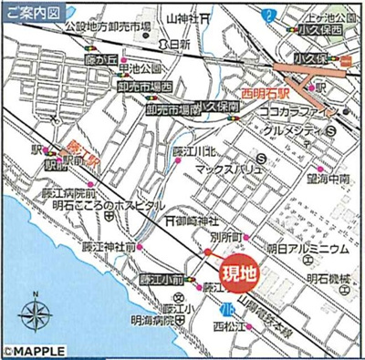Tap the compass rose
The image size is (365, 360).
(x=36, y=315)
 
